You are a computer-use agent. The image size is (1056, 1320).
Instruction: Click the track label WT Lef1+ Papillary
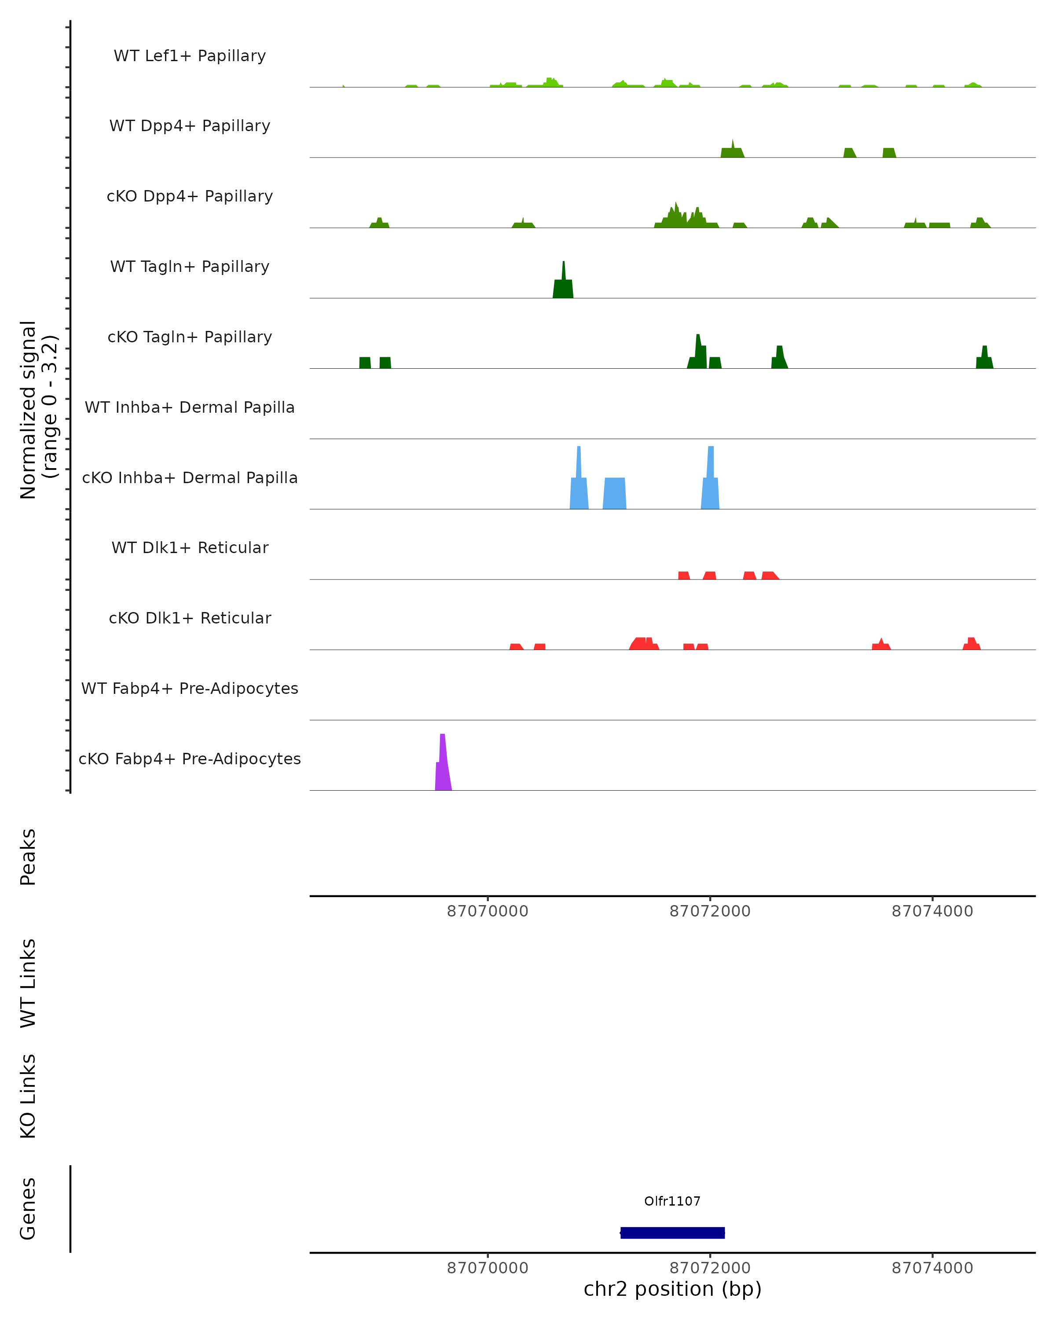click(x=190, y=56)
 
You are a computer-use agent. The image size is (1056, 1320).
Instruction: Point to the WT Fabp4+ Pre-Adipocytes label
click(x=190, y=688)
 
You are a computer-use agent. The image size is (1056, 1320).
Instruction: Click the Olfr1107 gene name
click(x=672, y=1201)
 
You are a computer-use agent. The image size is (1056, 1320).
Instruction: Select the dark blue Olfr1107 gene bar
click(x=672, y=1232)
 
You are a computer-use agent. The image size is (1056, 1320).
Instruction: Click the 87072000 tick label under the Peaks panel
click(x=710, y=911)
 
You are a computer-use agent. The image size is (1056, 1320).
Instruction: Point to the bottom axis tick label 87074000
click(x=932, y=1268)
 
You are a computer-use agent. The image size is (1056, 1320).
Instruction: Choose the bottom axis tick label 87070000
click(x=488, y=1268)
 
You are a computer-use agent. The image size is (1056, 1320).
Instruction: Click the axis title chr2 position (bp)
click(x=672, y=1289)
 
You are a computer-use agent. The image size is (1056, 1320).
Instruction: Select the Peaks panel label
click(x=28, y=857)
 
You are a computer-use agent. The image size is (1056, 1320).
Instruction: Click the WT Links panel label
click(x=28, y=983)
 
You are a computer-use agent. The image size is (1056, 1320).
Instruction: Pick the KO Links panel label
click(x=28, y=1096)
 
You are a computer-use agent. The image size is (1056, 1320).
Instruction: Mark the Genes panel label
click(x=28, y=1209)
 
